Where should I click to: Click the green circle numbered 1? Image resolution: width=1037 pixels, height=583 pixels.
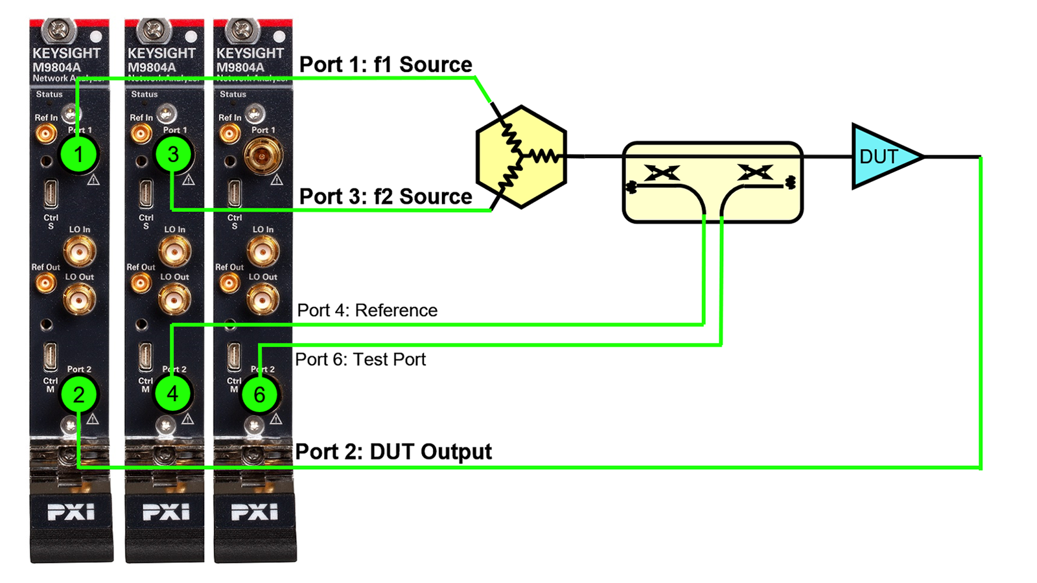tap(79, 155)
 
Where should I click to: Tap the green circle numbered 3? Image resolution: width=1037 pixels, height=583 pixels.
tap(173, 155)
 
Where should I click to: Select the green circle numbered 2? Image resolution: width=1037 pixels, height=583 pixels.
tap(79, 394)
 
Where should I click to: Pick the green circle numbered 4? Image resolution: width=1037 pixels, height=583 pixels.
tap(172, 394)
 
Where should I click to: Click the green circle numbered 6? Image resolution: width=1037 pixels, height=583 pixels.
tap(259, 394)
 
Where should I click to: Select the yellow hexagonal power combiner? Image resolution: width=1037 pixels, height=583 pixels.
tap(521, 157)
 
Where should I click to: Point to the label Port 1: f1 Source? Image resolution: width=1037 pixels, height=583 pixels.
tap(386, 65)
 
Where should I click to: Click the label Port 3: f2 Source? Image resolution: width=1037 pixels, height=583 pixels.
tap(386, 196)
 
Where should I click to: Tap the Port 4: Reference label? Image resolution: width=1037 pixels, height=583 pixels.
tap(367, 310)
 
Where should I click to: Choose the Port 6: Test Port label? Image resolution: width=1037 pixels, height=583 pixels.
tap(360, 360)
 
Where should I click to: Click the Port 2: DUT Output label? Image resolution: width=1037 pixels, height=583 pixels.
tap(393, 452)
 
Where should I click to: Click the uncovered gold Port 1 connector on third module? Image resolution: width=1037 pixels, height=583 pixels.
tap(262, 155)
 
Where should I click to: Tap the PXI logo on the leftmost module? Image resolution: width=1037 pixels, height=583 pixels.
tap(71, 512)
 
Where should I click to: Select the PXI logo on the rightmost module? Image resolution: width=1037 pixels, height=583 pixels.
tap(254, 512)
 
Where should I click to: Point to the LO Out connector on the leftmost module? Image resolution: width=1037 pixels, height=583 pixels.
tap(79, 299)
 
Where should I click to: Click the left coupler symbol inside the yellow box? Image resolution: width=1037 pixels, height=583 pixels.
tap(662, 173)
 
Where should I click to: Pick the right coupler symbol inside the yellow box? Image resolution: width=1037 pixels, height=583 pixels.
tap(755, 173)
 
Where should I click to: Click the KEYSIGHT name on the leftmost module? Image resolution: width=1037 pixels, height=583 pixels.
tap(66, 53)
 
